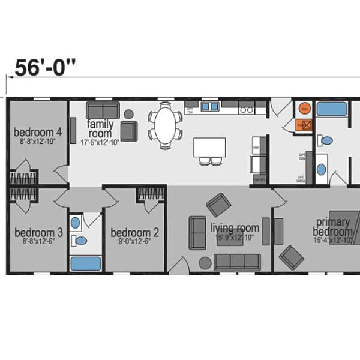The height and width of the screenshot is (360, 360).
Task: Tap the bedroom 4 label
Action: tap(38, 132)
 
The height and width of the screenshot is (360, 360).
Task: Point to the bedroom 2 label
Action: tap(135, 233)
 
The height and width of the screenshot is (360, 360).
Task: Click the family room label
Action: tap(100, 128)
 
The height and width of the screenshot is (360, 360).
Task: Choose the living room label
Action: tap(235, 228)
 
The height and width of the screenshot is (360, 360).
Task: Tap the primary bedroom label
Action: tap(334, 227)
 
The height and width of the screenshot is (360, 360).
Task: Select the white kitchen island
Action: tap(209, 147)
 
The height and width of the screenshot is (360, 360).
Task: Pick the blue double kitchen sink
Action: tap(209, 107)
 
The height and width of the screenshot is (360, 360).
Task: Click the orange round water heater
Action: tap(304, 109)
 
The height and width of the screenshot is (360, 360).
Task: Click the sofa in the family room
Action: tap(103, 110)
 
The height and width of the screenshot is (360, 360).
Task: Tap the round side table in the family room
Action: tap(128, 113)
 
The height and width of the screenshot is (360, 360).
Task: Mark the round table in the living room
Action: tap(205, 263)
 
